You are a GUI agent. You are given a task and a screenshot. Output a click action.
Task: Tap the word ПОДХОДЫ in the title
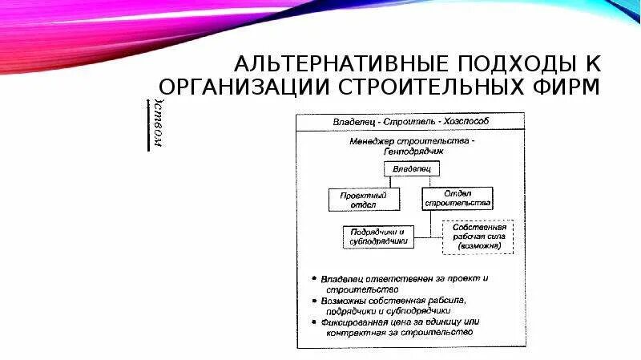[490, 63]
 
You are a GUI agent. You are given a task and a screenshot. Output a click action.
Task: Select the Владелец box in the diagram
[410, 169]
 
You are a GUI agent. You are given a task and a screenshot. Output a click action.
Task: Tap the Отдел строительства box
[457, 198]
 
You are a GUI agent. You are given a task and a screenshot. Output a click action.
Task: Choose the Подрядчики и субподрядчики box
[377, 237]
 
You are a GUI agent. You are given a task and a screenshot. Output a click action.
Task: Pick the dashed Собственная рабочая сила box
[476, 237]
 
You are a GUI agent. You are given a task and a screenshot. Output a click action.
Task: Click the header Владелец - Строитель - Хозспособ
[411, 121]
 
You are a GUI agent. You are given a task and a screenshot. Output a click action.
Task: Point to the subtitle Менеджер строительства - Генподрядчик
[412, 145]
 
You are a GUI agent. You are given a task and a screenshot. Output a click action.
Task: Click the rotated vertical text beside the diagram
[159, 125]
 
